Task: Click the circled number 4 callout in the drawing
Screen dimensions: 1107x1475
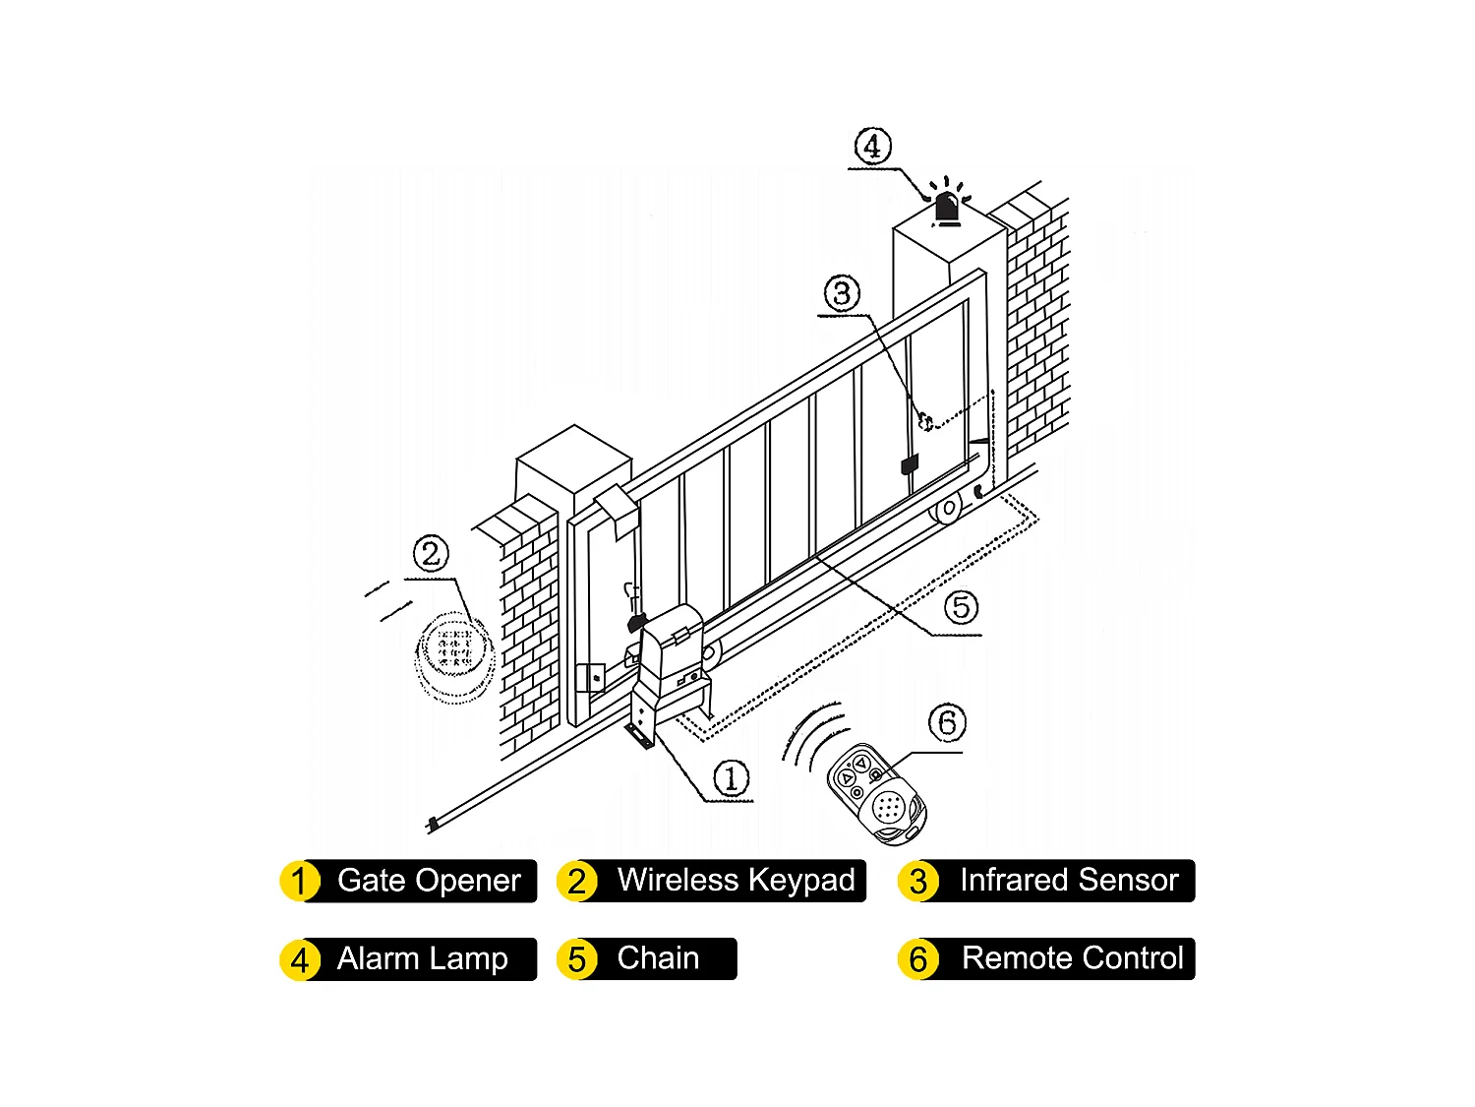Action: coord(872,146)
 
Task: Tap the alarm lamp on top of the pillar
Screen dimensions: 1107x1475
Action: coord(947,208)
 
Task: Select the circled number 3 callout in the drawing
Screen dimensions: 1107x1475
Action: coord(842,293)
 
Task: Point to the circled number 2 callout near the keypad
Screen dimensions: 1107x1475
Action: coord(431,553)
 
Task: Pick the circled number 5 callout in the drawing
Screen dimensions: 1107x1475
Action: coord(961,607)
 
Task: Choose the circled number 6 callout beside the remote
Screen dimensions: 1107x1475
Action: coord(947,723)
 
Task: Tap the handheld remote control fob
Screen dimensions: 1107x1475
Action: coord(876,794)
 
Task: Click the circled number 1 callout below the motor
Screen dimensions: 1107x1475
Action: coord(731,778)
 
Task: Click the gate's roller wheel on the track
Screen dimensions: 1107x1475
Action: coord(948,509)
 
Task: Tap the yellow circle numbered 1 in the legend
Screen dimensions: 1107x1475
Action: coord(300,881)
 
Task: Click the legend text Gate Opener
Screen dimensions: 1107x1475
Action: coord(429,880)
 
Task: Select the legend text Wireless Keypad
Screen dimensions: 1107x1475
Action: coord(736,880)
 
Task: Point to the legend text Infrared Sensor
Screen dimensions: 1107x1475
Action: coord(1069,880)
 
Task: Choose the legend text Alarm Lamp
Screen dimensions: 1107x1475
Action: coord(422,958)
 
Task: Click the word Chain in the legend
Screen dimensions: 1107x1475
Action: coord(658,958)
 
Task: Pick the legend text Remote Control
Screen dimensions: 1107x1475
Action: coord(1072,958)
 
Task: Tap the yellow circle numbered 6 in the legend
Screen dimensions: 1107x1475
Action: coord(917,959)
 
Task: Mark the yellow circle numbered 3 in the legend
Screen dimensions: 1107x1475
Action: coord(917,881)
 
